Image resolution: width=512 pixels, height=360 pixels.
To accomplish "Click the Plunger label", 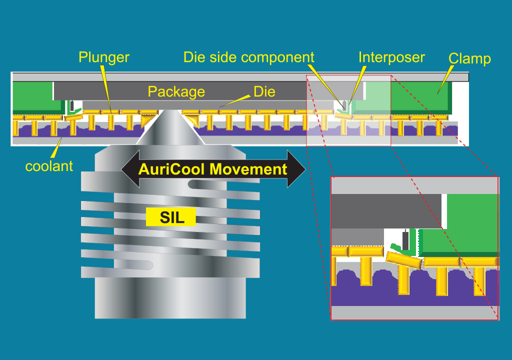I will [103, 57].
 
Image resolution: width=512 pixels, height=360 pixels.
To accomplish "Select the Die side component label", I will [248, 57].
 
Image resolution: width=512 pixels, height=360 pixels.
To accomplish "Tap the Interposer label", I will [391, 57].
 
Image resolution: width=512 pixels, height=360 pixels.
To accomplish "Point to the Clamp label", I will [469, 58].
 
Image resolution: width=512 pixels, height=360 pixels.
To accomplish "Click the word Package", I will [176, 91].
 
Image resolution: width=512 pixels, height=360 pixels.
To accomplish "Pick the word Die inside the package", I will [264, 91].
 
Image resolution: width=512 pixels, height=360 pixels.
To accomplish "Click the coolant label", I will [49, 166].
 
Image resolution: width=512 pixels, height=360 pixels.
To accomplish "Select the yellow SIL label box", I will [170, 217].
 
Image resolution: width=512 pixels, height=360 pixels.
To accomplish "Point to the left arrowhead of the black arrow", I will [127, 169].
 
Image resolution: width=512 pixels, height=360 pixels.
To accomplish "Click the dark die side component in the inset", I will [405, 240].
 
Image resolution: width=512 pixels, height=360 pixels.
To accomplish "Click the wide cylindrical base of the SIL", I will [170, 297].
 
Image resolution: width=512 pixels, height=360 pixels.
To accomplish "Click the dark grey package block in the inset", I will [385, 210].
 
